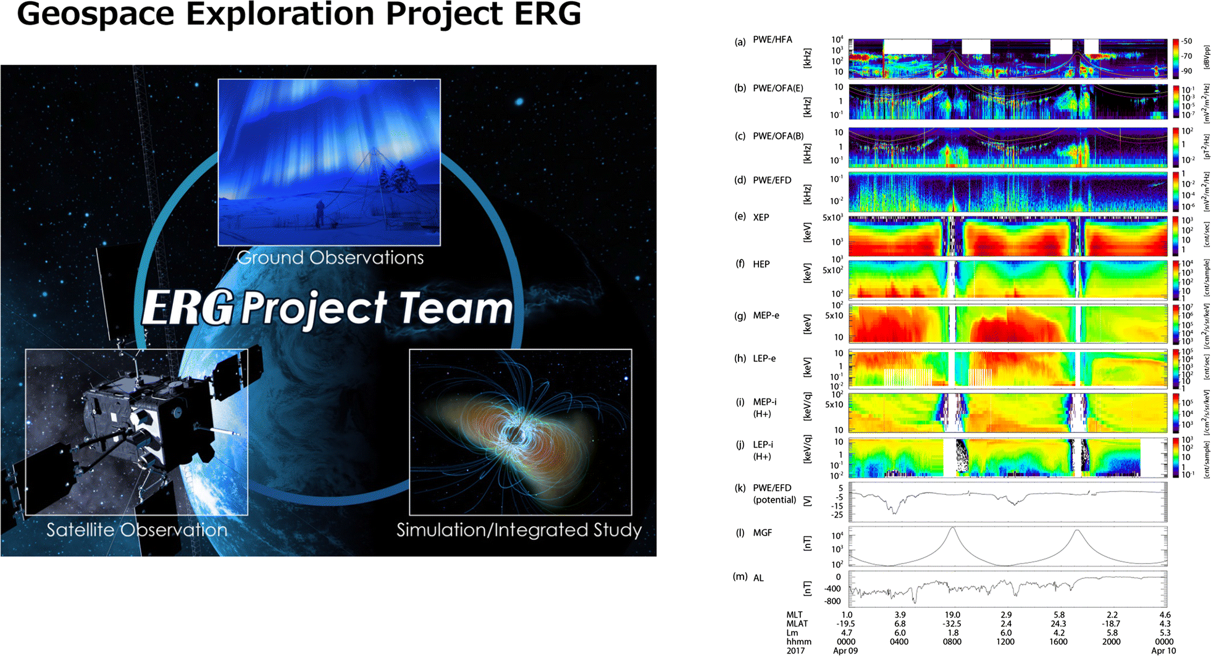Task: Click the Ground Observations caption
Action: coord(330,258)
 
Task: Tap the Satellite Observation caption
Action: coord(136,530)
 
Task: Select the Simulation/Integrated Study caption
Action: coord(519,530)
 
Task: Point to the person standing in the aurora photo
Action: coord(319,214)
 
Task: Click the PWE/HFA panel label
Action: coord(772,40)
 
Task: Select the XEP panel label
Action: coord(761,217)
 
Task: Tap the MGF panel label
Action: coord(762,532)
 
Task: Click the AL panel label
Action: coord(758,578)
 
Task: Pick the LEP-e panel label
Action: coord(764,358)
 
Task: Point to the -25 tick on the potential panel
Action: coord(837,515)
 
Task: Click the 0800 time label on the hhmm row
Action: coord(952,642)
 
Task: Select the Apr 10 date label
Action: coord(1163,650)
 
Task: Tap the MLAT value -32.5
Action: coord(952,624)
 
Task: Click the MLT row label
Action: coord(794,615)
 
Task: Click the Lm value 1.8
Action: coord(952,633)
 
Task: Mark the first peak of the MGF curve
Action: coord(953,528)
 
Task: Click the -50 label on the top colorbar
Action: coord(1186,41)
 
